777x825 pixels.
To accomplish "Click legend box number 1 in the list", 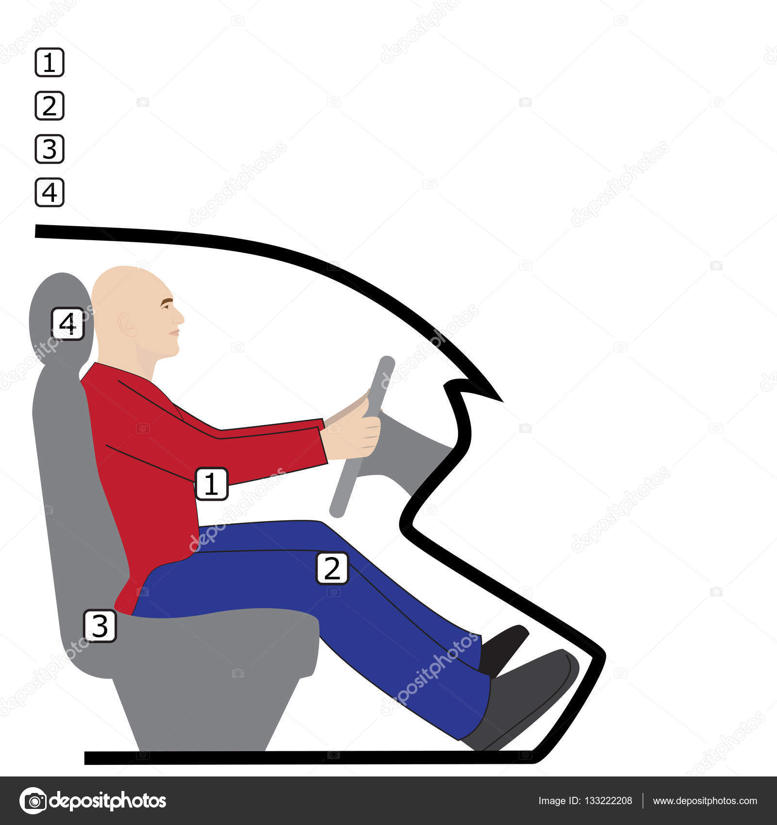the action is (50, 62).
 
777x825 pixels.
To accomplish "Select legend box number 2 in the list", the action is (50, 105).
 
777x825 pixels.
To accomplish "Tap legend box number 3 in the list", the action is (50, 148).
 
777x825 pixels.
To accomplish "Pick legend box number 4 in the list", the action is (50, 192).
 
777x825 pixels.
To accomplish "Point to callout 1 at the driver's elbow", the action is (211, 483).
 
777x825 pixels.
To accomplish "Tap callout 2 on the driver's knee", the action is (332, 568).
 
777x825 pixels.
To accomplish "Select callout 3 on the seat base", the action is (100, 626).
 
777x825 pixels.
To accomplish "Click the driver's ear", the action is (127, 324).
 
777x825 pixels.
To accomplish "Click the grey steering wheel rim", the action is (362, 437).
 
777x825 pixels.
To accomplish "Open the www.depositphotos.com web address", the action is (705, 801).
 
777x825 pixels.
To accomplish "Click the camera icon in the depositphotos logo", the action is (33, 801).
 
